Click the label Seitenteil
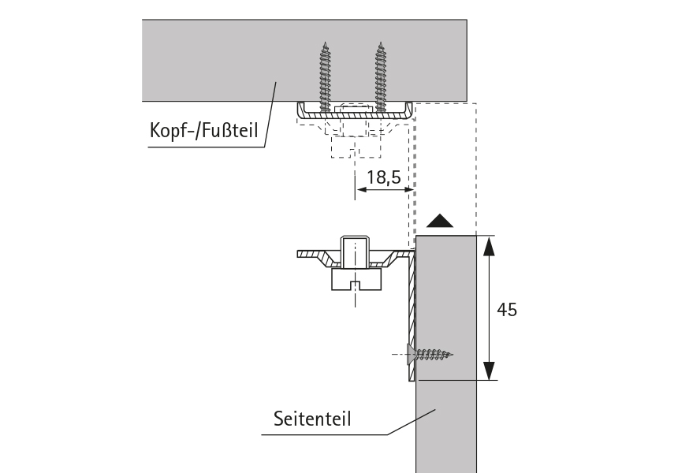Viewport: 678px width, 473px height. coord(311,417)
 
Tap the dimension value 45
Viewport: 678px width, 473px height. coord(508,310)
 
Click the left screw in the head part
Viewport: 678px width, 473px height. coord(325,75)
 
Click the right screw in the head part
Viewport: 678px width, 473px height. coord(382,75)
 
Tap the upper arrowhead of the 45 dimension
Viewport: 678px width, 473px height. coord(489,246)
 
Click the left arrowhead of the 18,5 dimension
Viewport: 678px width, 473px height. coord(362,190)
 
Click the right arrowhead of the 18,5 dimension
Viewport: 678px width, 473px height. coord(408,190)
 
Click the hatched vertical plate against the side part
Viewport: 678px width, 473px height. coord(411,315)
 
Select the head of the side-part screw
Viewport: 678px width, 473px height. coord(409,354)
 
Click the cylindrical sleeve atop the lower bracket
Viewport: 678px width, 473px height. coord(355,251)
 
